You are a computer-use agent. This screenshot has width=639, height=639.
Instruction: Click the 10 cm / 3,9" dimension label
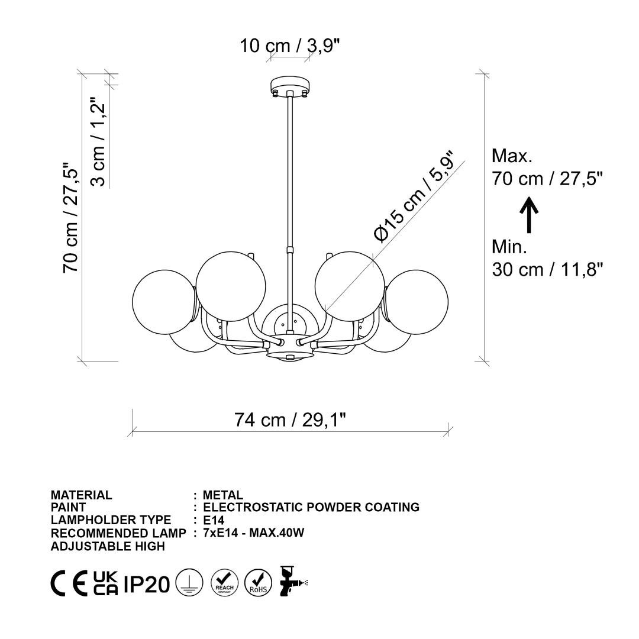pyautogui.click(x=289, y=46)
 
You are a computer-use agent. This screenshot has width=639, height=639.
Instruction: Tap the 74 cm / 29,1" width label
pyautogui.click(x=290, y=419)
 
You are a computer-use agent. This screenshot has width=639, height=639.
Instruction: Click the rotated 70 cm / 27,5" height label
pyautogui.click(x=70, y=218)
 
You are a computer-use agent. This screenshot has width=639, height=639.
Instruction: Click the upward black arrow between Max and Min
pyautogui.click(x=529, y=215)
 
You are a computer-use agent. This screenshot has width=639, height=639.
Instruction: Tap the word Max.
pyautogui.click(x=512, y=156)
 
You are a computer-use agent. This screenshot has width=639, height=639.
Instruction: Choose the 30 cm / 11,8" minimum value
pyautogui.click(x=547, y=269)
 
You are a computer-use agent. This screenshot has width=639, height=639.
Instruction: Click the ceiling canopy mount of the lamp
pyautogui.click(x=290, y=86)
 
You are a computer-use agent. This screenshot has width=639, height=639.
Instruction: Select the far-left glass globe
pyautogui.click(x=164, y=302)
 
